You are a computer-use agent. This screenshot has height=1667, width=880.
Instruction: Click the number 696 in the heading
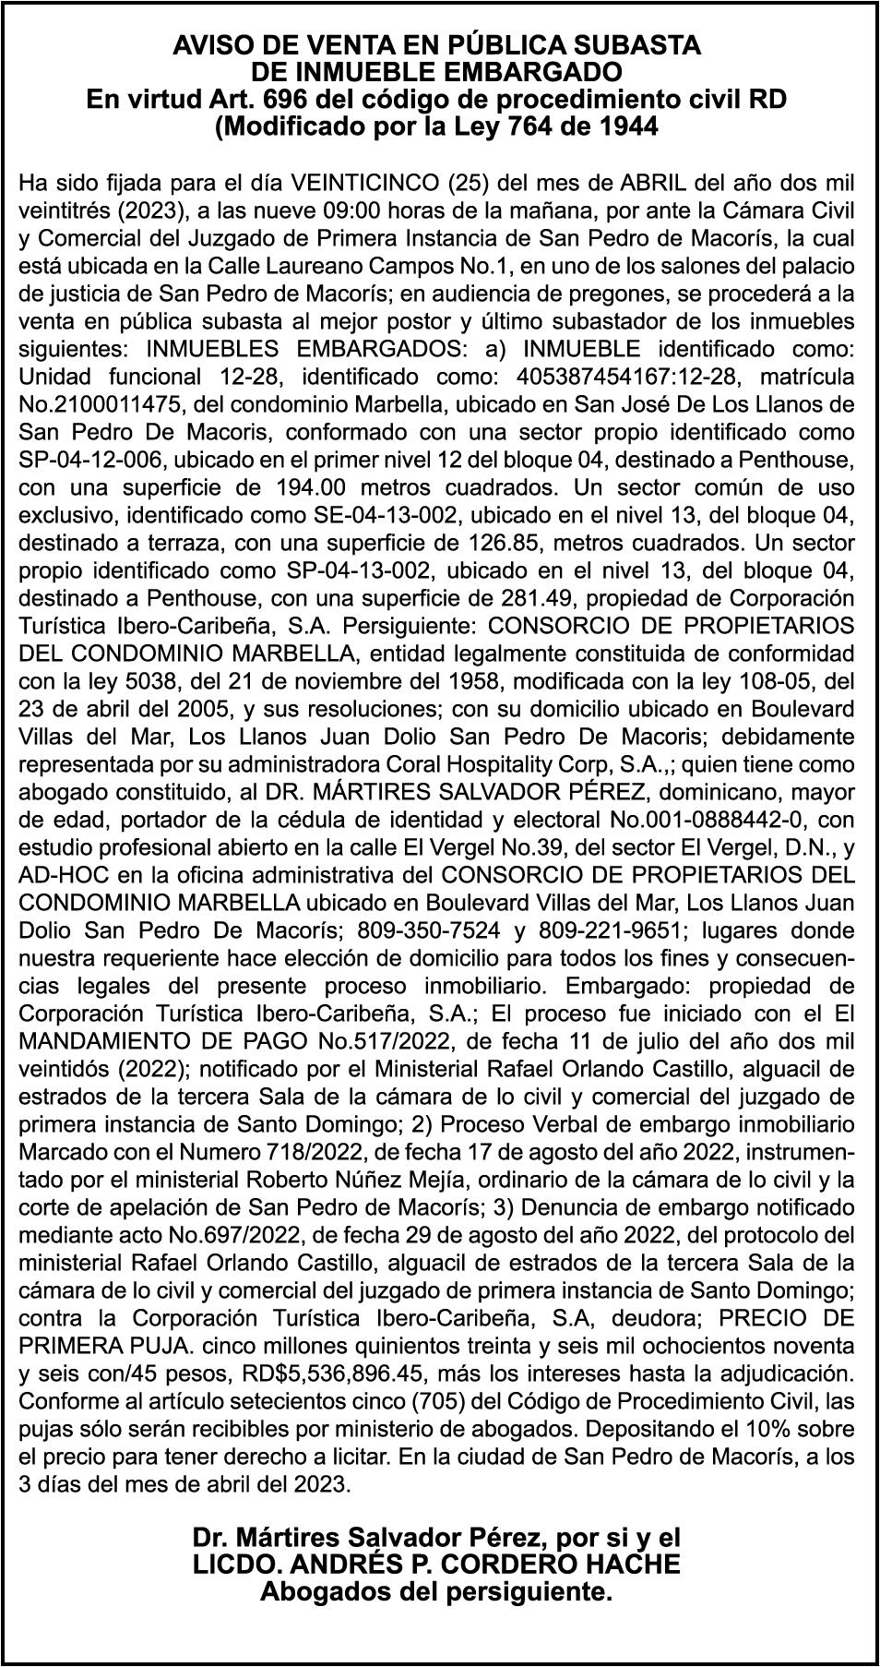tap(283, 99)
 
